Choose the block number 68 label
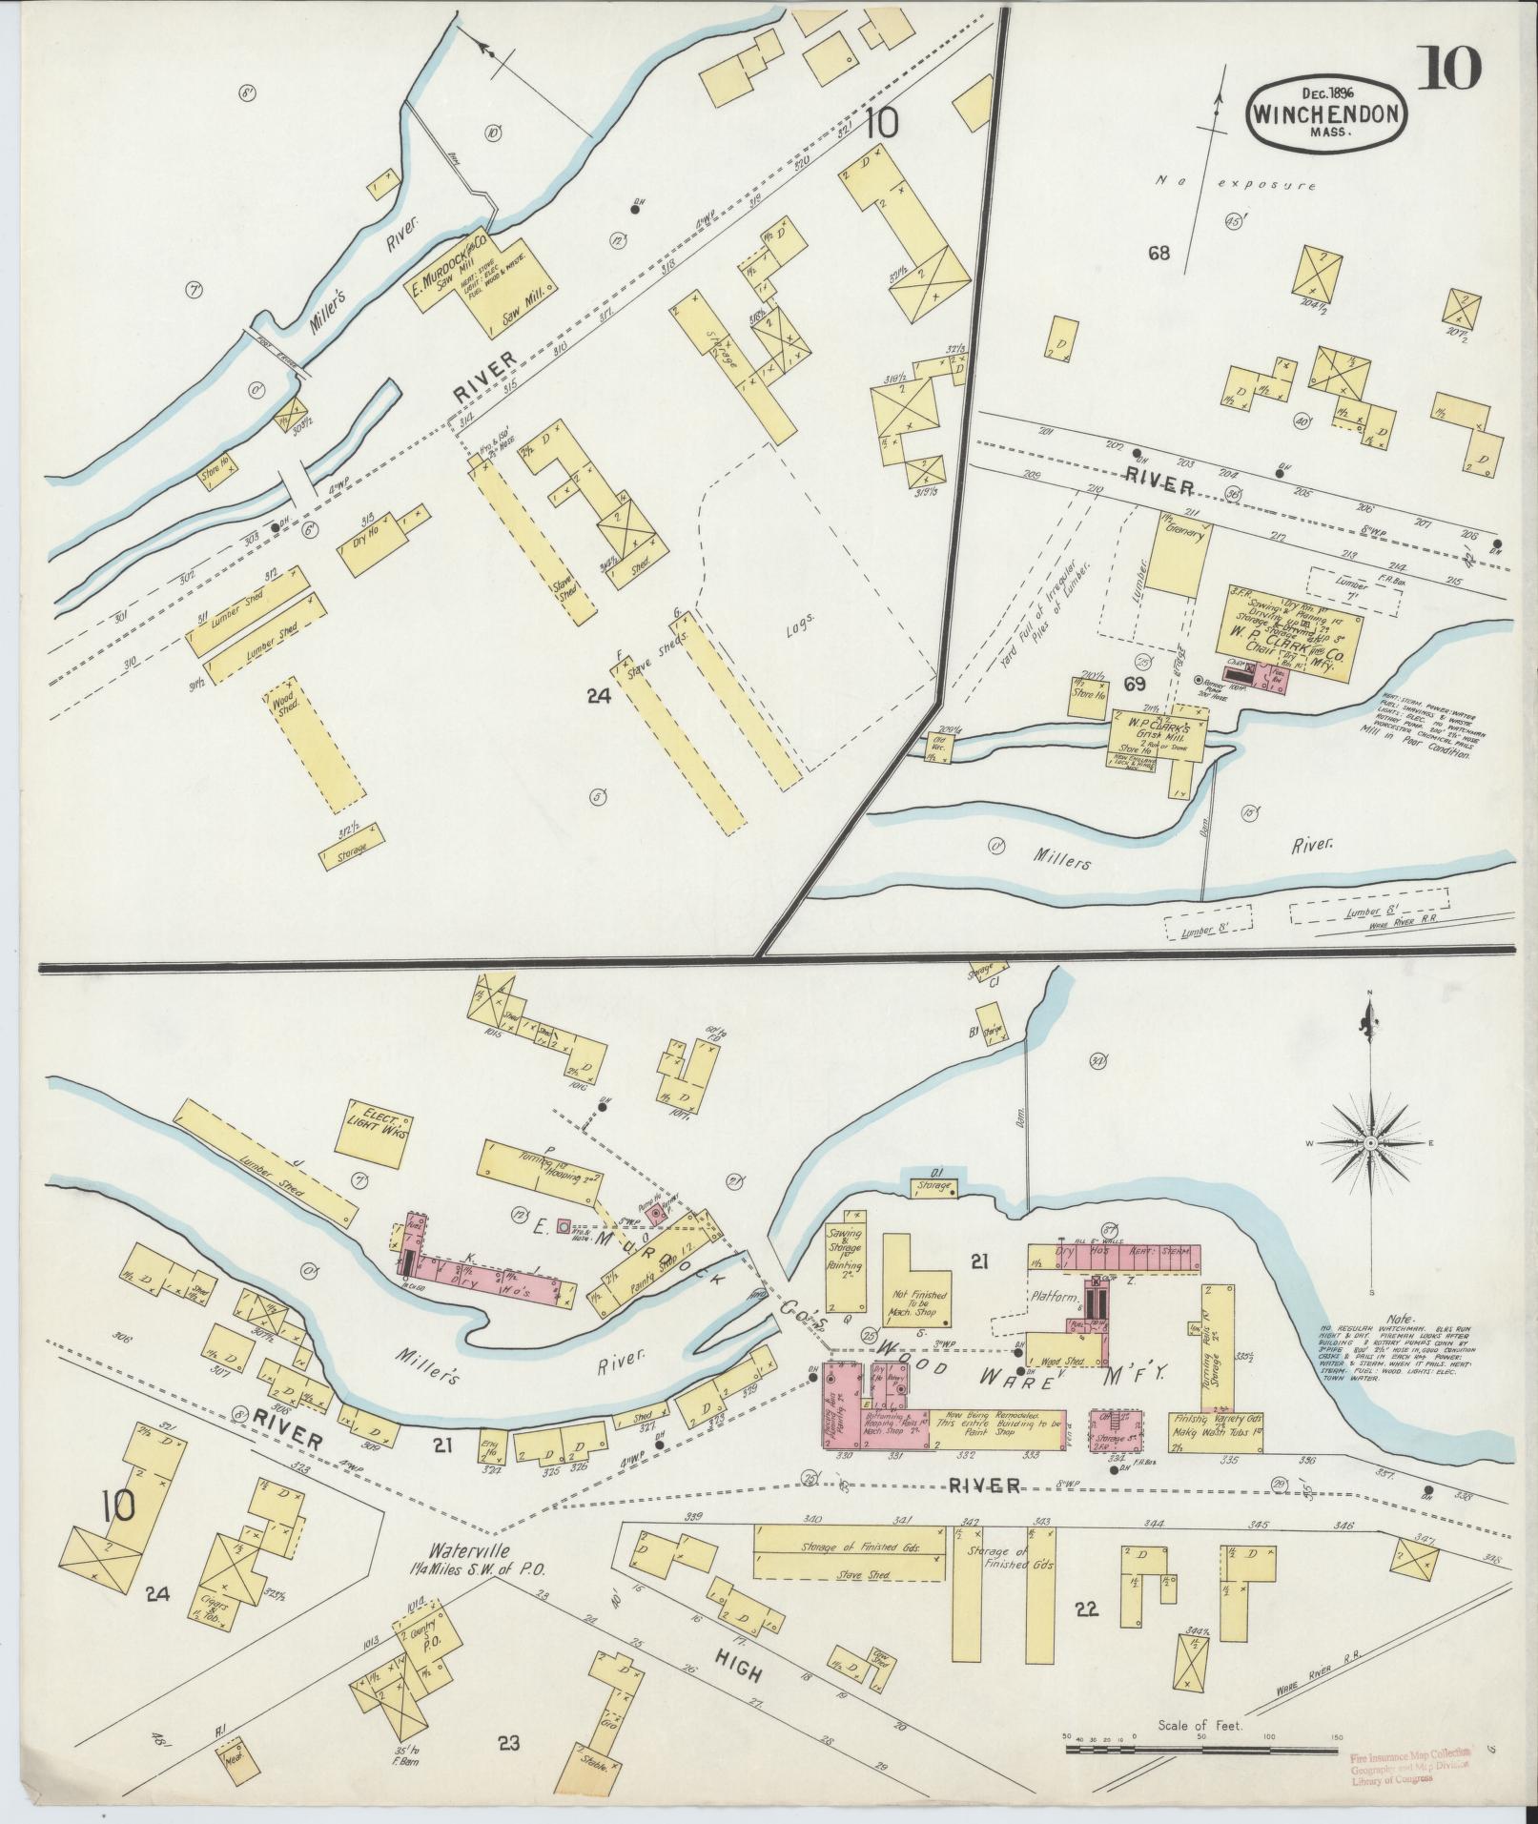click(x=1159, y=254)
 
